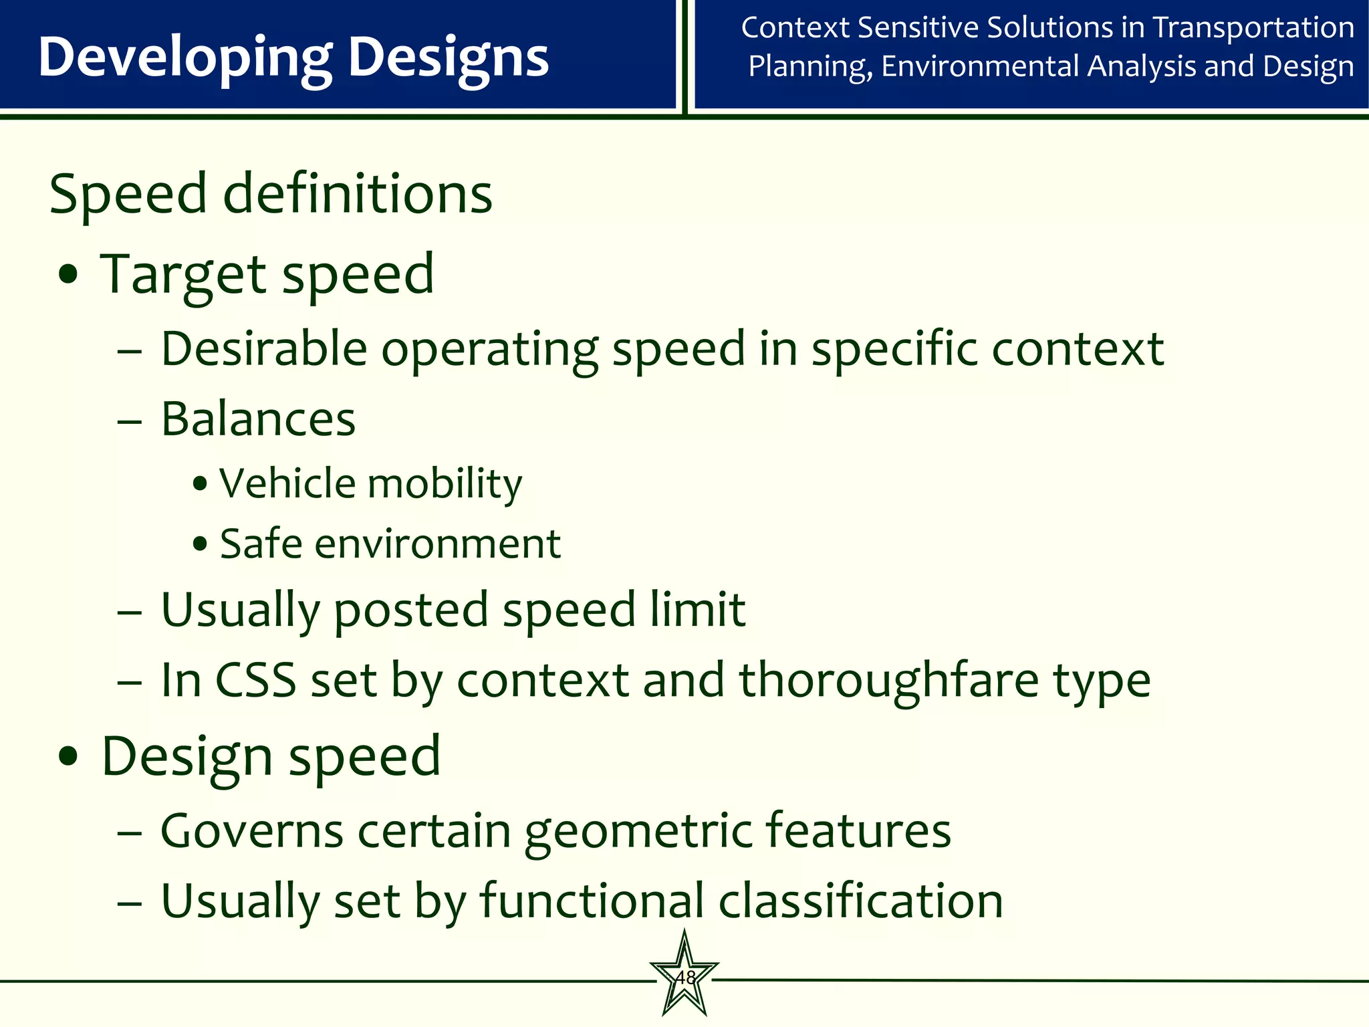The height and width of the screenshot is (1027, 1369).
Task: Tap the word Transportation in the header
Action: (x=1253, y=28)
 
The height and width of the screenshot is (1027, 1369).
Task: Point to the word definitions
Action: (x=357, y=194)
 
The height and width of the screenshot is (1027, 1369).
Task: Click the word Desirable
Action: (x=264, y=349)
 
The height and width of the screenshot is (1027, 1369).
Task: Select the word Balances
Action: (x=258, y=420)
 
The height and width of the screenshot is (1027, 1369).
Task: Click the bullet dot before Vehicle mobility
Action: (x=199, y=483)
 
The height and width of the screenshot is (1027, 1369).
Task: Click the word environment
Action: (x=437, y=544)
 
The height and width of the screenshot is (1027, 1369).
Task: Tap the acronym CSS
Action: (x=255, y=681)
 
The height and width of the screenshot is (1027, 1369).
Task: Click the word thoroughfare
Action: (x=889, y=681)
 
